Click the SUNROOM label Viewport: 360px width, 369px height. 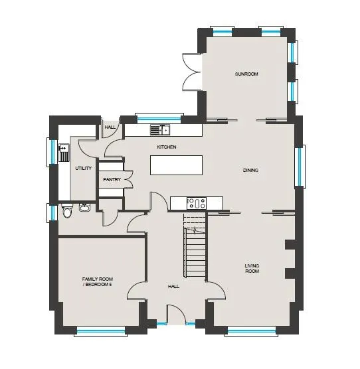pos(246,74)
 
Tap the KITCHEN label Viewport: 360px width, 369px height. pos(167,147)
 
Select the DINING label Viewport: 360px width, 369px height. pos(250,170)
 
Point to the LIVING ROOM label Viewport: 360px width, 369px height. pos(252,268)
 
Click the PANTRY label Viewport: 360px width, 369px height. pos(112,180)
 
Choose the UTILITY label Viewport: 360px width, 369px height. pos(83,169)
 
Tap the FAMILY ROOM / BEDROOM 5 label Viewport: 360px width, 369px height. pos(98,281)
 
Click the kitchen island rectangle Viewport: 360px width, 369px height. pos(177,165)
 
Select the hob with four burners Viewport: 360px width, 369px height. pos(197,203)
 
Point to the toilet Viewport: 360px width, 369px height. pos(67,211)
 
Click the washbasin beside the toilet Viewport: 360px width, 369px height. pos(84,207)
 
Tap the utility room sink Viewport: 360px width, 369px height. pos(64,153)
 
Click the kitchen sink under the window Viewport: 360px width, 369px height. pos(160,129)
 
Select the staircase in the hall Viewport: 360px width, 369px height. pos(195,245)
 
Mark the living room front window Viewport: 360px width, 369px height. pos(251,332)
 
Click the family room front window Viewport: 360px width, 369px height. pos(100,332)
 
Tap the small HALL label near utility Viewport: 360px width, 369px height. pos(110,127)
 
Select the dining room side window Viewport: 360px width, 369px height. pos(300,167)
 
